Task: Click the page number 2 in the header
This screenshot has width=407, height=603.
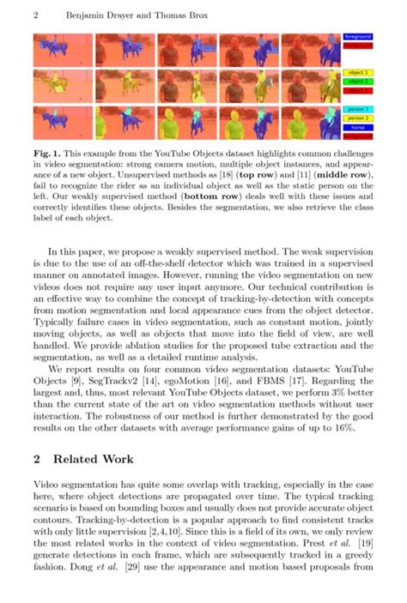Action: [36, 15]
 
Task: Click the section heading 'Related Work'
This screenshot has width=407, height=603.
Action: [95, 459]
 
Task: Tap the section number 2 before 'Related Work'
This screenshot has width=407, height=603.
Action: [37, 459]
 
